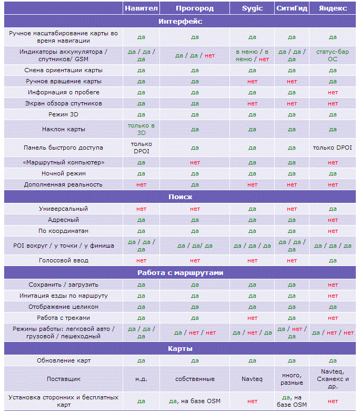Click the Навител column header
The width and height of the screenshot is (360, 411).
[141, 8]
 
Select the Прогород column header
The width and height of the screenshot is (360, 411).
[195, 8]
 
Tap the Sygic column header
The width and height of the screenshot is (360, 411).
[252, 8]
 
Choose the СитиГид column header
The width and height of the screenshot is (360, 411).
[292, 8]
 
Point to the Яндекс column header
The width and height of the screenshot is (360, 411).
[333, 8]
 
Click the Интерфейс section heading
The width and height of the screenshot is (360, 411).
[180, 21]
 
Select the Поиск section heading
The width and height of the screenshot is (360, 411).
[180, 197]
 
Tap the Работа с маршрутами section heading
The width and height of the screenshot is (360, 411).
[180, 272]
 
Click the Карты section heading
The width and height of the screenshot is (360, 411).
[180, 348]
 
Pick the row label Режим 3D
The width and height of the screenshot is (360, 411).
[64, 114]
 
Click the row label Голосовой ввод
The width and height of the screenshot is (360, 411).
[64, 260]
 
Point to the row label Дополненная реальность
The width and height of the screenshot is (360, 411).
[64, 184]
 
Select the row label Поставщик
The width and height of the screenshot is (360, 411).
[64, 379]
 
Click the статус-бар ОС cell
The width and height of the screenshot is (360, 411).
[333, 55]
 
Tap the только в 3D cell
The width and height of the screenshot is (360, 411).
[141, 129]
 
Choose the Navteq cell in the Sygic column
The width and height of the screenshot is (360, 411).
[252, 379]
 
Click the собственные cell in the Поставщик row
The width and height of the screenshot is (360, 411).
[195, 379]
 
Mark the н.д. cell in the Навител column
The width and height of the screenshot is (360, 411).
[141, 379]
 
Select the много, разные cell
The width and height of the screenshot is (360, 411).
[292, 379]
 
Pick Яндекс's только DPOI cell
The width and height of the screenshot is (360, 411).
[333, 148]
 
